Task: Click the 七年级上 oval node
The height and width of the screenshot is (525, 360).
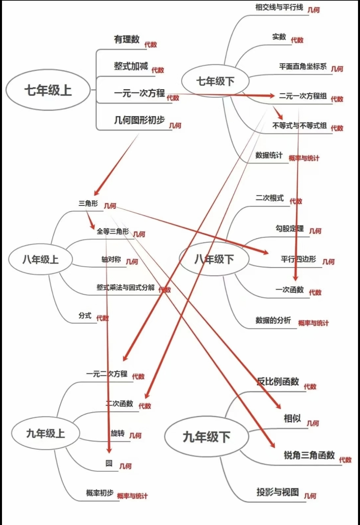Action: click(48, 90)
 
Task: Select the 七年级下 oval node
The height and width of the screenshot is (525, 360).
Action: click(215, 81)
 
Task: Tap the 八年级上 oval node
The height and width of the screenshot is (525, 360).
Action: click(40, 259)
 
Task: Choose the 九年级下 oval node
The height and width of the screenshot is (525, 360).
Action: click(206, 437)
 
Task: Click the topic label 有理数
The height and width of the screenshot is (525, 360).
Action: click(127, 39)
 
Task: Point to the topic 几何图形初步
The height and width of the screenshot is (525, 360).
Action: click(139, 120)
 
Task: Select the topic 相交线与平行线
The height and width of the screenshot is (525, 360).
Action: click(279, 7)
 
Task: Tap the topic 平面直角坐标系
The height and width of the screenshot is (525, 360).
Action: click(303, 66)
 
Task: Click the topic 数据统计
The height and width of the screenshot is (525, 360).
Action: click(269, 155)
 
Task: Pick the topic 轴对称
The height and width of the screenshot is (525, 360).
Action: click(111, 259)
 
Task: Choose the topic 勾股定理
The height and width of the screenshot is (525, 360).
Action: click(289, 228)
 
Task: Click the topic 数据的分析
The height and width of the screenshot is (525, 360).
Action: click(273, 320)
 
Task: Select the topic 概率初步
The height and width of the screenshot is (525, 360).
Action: click(100, 493)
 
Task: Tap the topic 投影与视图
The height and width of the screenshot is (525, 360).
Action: click(277, 492)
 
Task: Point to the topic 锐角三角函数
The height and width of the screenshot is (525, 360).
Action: click(309, 455)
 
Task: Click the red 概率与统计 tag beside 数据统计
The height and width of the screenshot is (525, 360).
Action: click(304, 158)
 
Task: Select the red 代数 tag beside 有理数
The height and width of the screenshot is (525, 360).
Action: click(150, 45)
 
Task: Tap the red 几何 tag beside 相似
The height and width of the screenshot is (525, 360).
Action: click(313, 423)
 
